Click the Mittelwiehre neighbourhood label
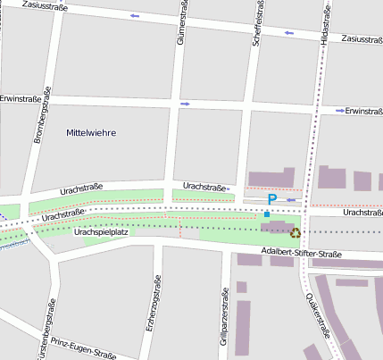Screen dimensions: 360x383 tap(91, 132)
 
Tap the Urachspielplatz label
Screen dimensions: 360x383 tap(102, 231)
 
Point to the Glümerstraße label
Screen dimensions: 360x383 tap(180, 24)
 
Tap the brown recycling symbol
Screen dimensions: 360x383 tap(296, 233)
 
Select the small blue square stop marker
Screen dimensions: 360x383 tap(266, 214)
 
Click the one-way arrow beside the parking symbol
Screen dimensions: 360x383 tap(291, 200)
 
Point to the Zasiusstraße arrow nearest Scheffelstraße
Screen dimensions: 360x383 tap(288, 34)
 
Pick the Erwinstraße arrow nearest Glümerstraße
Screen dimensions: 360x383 tap(186, 104)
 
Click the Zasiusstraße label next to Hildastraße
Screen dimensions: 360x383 tap(362, 40)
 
